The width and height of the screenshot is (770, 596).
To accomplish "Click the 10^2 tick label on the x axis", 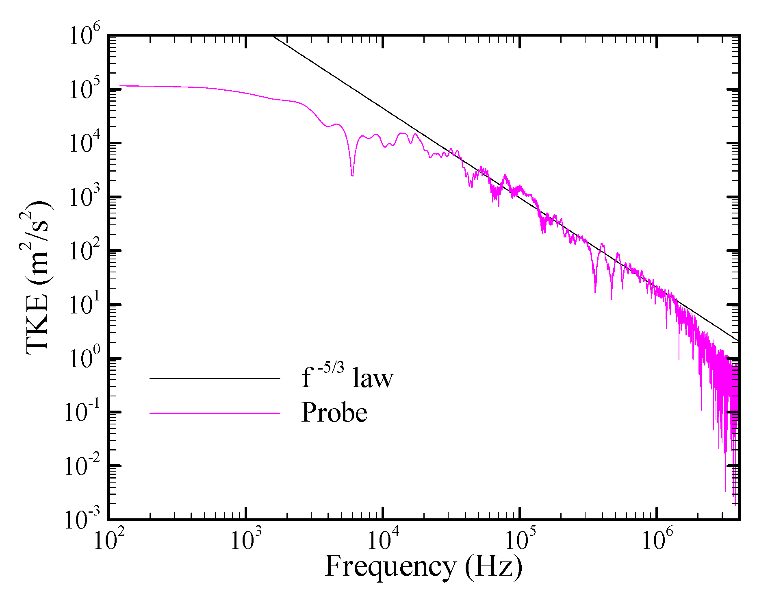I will click(108, 540).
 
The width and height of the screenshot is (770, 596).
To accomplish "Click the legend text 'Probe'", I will click(334, 413).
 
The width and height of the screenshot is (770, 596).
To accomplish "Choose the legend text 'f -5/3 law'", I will click(347, 378).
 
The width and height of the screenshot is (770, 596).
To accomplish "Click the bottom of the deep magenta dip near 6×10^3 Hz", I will click(352, 175).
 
